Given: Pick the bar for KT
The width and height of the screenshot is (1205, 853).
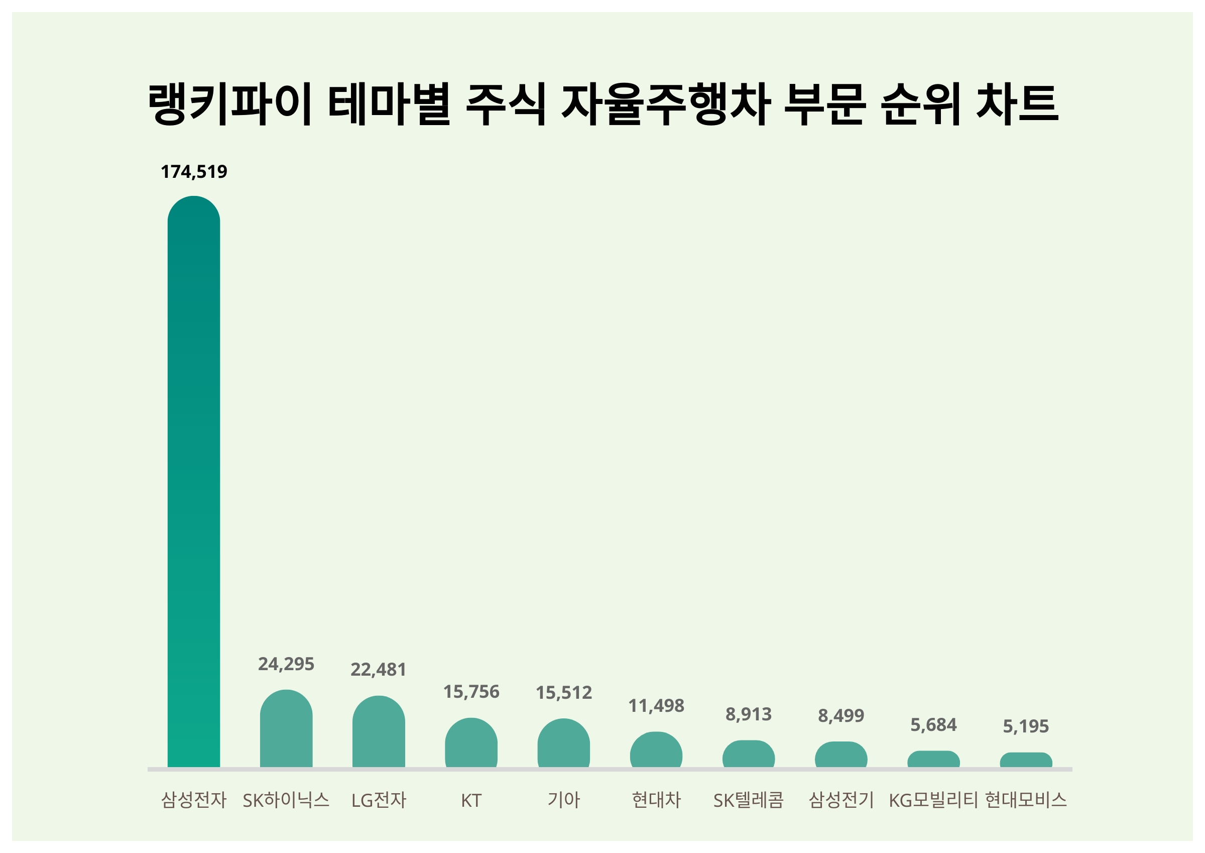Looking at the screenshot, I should pos(471,742).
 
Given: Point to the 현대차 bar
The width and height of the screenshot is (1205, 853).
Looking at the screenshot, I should pos(656,750).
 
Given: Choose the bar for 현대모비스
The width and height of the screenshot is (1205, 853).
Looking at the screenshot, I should pos(1026,760).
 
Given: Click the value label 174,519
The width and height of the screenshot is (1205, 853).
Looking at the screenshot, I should pos(194,172).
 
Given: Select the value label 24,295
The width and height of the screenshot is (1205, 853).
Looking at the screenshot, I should pos(286,665).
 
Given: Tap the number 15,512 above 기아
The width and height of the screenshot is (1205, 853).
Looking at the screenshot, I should pos(564,693).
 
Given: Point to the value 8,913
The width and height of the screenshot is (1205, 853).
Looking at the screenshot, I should pos(749,714).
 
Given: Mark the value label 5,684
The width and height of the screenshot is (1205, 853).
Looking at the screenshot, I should pos(933,725).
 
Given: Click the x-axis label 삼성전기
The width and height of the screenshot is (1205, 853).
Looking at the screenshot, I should pos(841,800).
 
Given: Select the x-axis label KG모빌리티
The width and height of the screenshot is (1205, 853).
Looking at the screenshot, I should pos(933,800).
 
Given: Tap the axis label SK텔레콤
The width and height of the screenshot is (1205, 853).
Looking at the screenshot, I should pos(749,800).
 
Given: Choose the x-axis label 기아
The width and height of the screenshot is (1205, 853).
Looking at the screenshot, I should pos(564,800).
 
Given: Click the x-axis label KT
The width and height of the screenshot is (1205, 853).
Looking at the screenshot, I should pos(471,800).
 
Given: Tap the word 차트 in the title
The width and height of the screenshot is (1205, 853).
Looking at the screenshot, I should pos(1017,103).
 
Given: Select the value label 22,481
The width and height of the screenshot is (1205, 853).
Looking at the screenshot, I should pos(379,670).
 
